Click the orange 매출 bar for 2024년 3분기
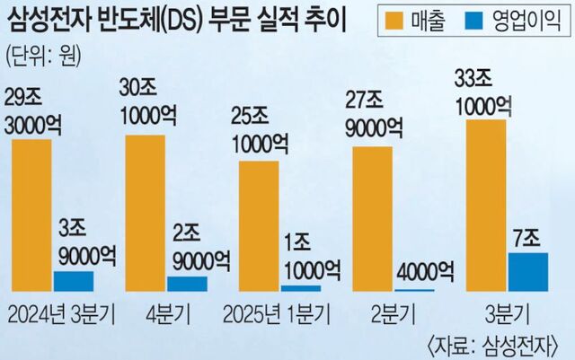[32, 215]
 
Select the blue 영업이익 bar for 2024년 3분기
[74, 281]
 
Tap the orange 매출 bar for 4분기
[145, 213]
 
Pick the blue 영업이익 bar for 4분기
[187, 284]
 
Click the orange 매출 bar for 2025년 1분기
[259, 226]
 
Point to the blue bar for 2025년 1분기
[300, 288]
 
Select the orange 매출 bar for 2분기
[372, 218]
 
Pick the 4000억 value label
[422, 269]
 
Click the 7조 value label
[527, 238]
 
